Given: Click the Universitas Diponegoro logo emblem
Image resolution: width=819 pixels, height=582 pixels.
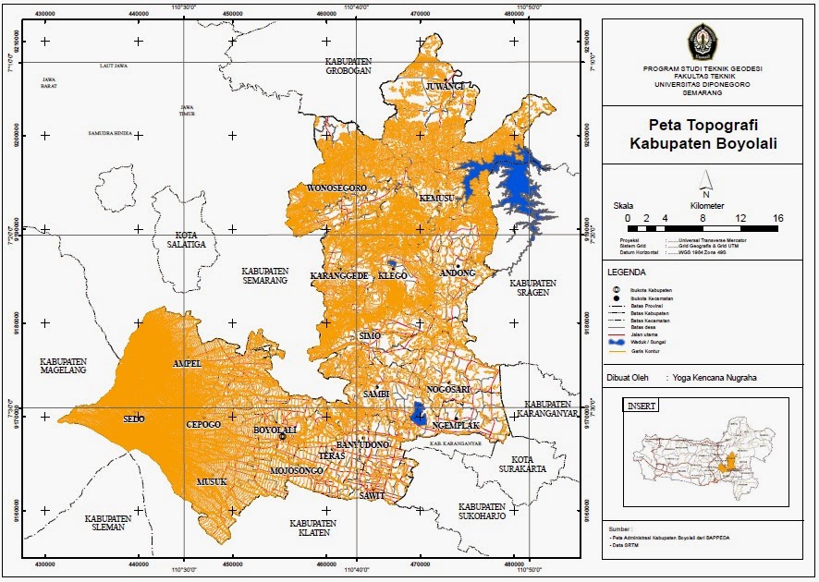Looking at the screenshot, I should [x=699, y=43].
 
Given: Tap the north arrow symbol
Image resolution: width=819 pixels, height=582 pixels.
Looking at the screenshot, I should [x=705, y=181].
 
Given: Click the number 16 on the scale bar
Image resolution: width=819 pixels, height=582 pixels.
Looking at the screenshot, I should [x=777, y=217].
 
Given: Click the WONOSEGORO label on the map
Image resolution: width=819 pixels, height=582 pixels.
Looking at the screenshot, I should [x=336, y=188].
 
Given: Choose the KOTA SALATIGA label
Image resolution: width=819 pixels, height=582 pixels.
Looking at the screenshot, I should [x=186, y=239].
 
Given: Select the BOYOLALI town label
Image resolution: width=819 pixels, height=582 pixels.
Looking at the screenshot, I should [x=275, y=430].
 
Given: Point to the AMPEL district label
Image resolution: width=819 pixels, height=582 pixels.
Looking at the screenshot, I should [x=187, y=364].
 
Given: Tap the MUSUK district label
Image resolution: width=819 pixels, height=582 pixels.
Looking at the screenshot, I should [x=211, y=482].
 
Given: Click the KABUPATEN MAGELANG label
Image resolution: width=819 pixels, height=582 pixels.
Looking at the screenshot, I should [x=63, y=365].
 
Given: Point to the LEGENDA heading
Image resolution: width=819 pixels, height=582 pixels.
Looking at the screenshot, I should [x=627, y=273].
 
